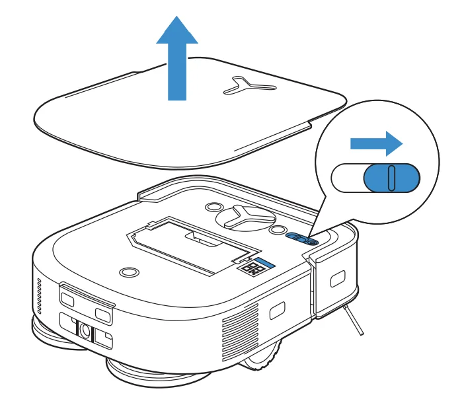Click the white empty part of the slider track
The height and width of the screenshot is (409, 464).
pos(348,178)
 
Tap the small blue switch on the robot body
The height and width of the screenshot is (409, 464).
pos(303,239)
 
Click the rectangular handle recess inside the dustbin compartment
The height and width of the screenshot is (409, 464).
pos(198,236)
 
